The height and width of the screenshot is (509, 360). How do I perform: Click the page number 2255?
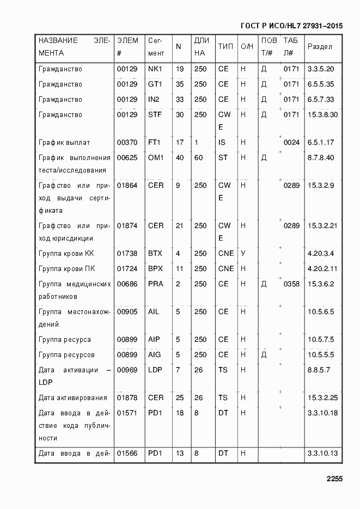pyautogui.click(x=334, y=479)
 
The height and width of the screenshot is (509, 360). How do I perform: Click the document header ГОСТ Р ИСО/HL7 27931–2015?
pyautogui.click(x=291, y=25)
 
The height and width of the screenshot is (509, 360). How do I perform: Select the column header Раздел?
pyautogui.click(x=320, y=46)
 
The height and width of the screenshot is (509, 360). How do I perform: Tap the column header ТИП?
pyautogui.click(x=225, y=46)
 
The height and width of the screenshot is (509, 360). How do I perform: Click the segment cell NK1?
pyautogui.click(x=155, y=69)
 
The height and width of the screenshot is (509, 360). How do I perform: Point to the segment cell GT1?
pyautogui.click(x=155, y=84)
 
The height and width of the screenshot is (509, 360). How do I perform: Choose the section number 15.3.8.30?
pyautogui.click(x=323, y=115)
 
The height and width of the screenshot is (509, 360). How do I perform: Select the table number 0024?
pyautogui.click(x=291, y=143)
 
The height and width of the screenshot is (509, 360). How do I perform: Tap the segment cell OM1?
pyautogui.click(x=156, y=158)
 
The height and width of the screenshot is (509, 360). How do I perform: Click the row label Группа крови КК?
pyautogui.click(x=66, y=254)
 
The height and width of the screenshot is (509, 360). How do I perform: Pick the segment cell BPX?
pyautogui.click(x=155, y=269)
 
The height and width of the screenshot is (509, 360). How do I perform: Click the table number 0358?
pyautogui.click(x=291, y=284)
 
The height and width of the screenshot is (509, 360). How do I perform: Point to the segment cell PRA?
pyautogui.click(x=155, y=284)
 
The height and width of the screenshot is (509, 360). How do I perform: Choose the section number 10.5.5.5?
pyautogui.click(x=321, y=355)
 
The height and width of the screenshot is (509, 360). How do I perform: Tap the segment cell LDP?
pyautogui.click(x=155, y=370)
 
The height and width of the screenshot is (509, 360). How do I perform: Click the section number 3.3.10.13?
pyautogui.click(x=323, y=453)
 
